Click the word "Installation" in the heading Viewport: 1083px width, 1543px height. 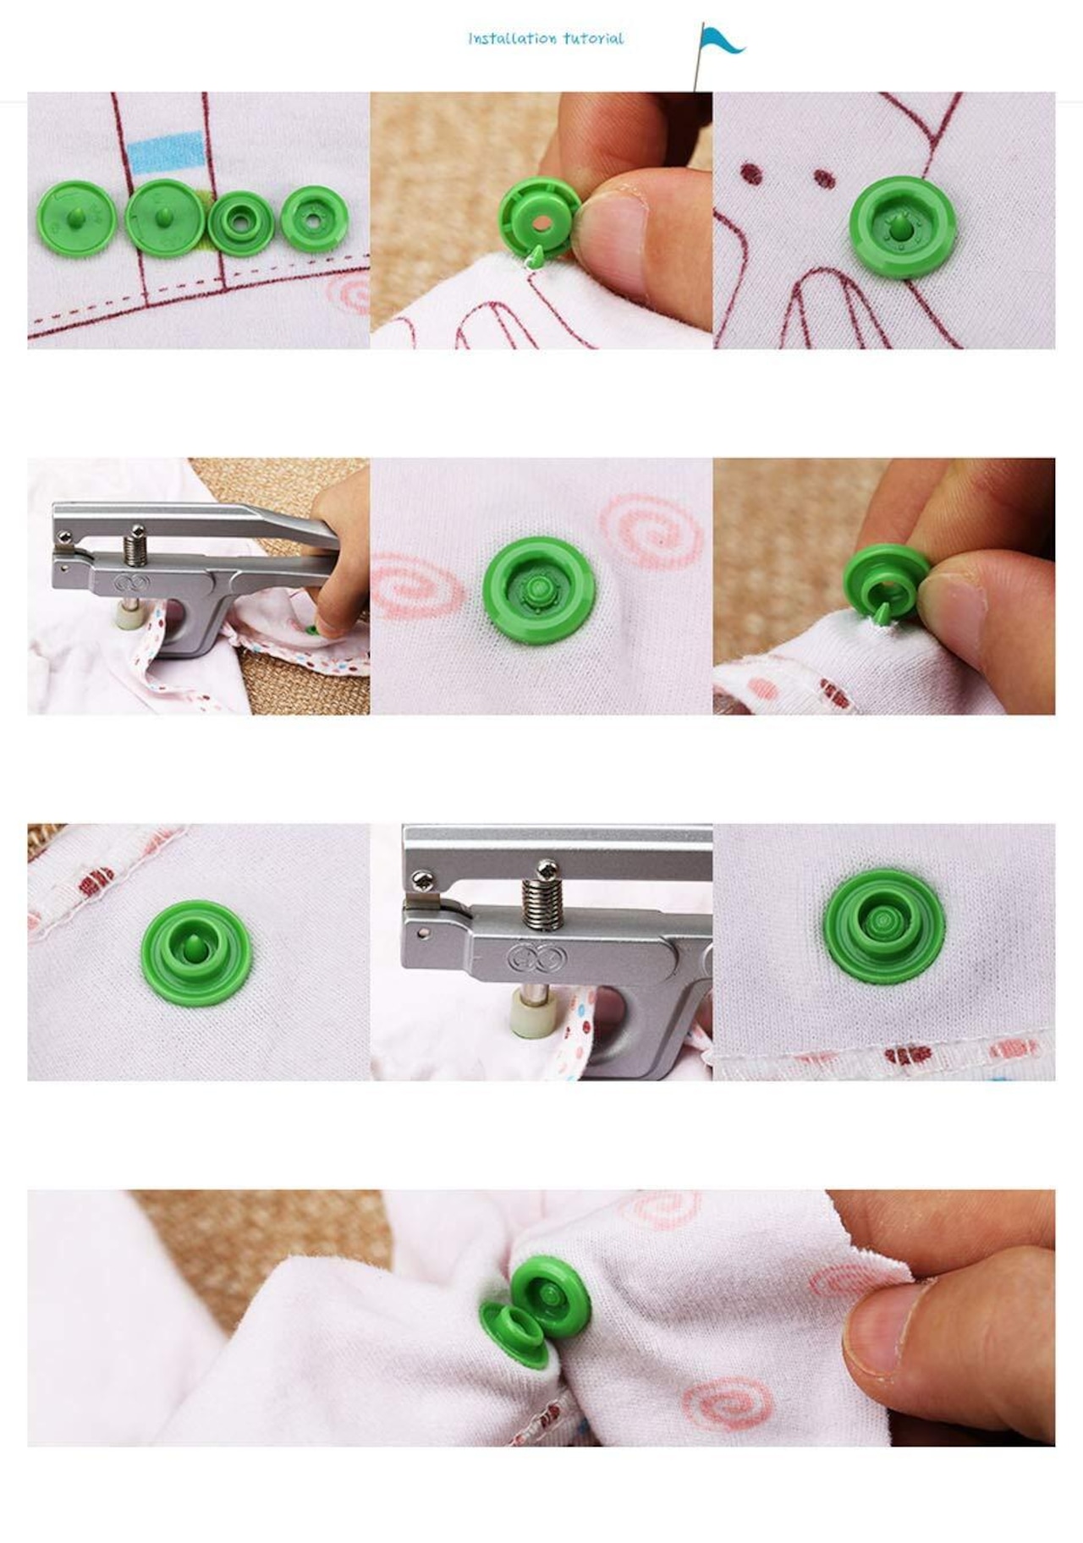point(512,38)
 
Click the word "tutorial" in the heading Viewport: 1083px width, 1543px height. point(593,38)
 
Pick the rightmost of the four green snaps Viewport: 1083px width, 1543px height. point(315,218)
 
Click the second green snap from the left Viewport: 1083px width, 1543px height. point(163,217)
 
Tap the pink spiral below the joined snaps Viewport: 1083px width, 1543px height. point(728,1400)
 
